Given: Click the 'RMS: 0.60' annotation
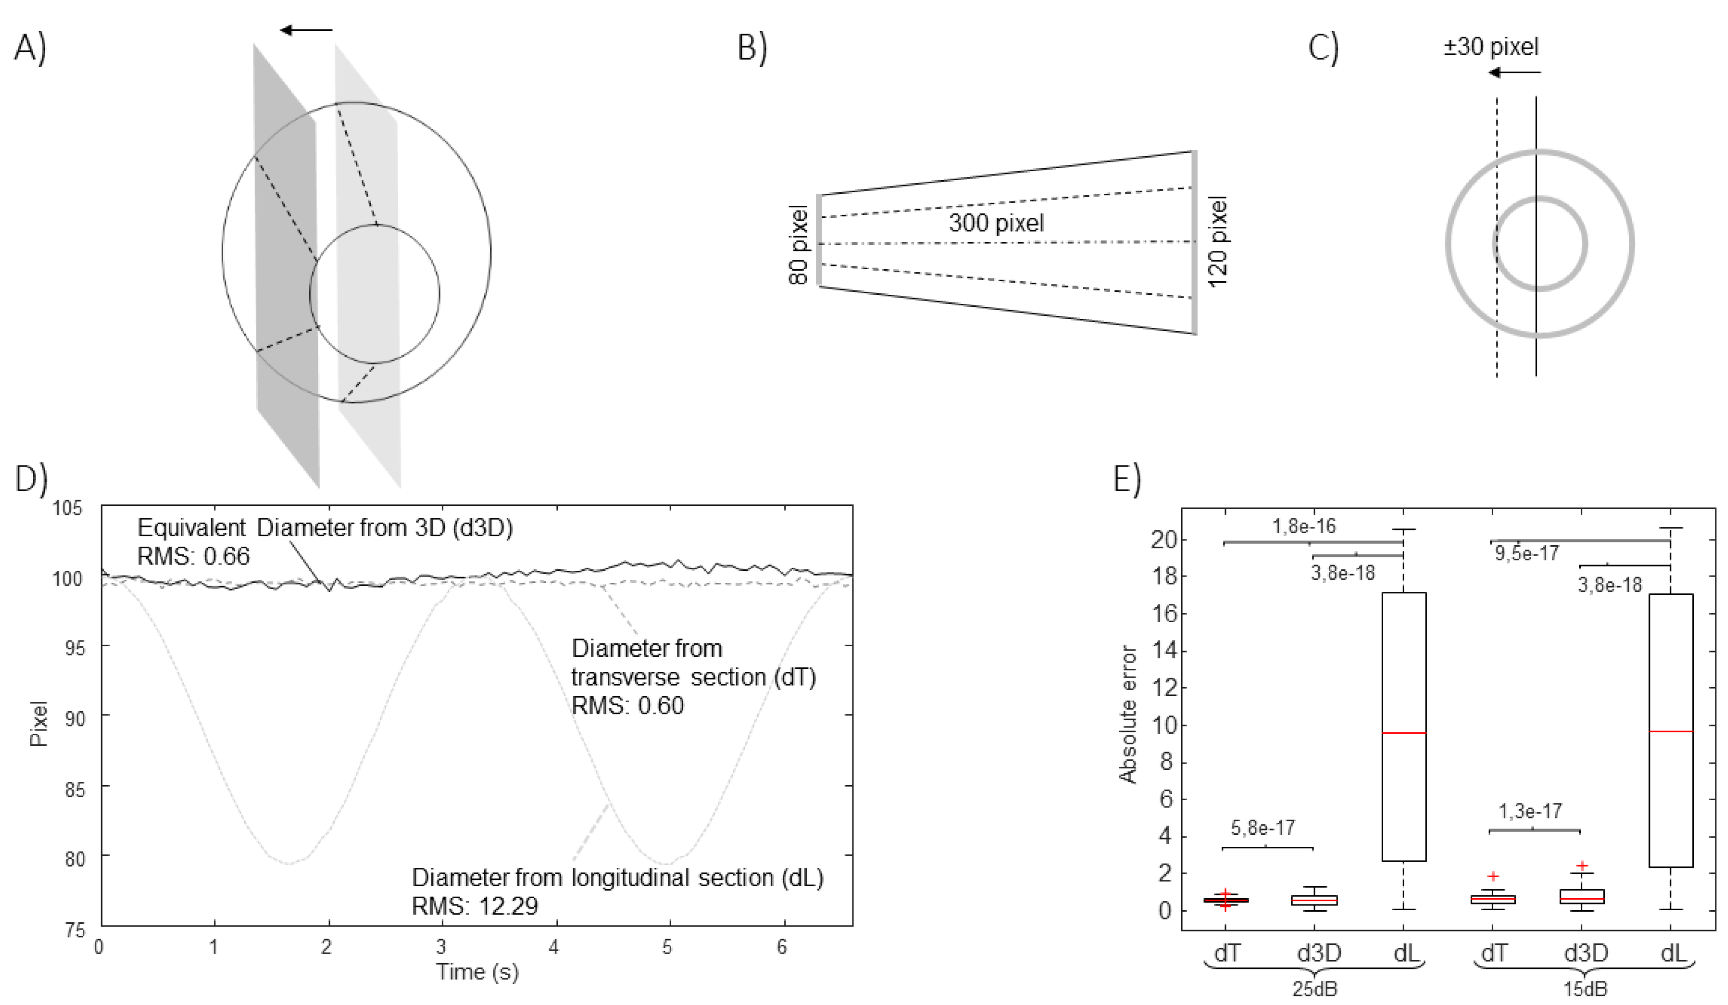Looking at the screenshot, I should click(628, 705).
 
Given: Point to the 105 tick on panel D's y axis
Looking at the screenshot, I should click(67, 509).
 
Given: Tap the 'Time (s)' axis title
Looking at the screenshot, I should click(477, 971).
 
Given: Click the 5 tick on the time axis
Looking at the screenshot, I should click(666, 948).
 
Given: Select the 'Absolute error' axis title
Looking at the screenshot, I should click(1128, 714).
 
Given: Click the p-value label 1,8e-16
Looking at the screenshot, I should click(1304, 526).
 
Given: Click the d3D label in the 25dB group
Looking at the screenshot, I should click(1318, 953).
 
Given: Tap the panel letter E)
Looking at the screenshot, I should click(1127, 479).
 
